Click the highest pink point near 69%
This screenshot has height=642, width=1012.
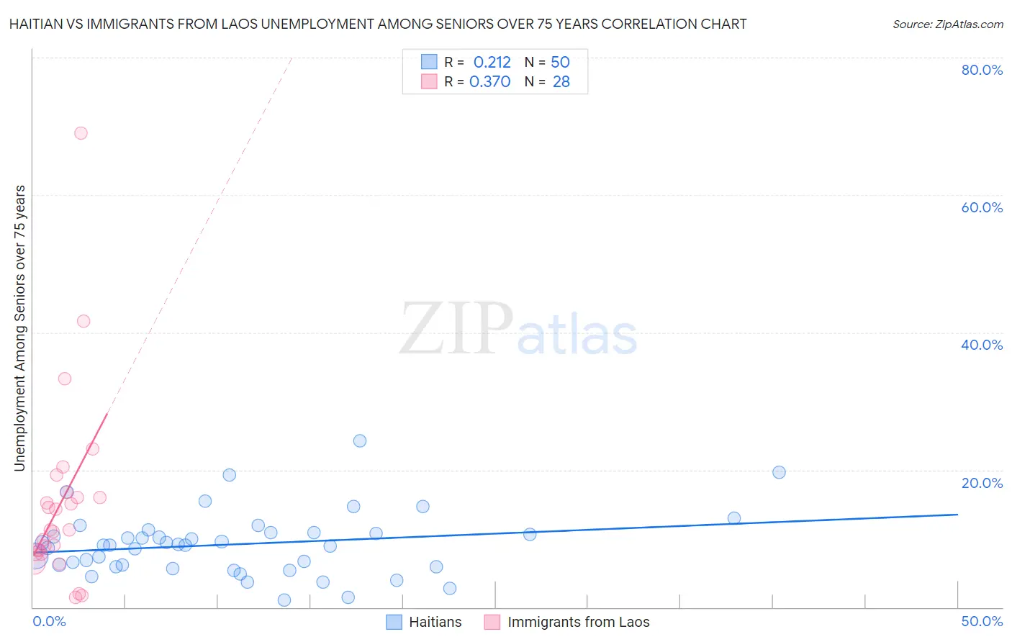pos(81,133)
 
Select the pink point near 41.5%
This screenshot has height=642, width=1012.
pos(83,321)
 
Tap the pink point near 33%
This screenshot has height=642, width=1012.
pos(65,379)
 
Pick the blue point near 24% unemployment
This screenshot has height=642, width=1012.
pos(360,440)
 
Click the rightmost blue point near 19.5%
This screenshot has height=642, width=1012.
pos(779,472)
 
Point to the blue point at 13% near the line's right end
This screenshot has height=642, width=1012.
pos(734,518)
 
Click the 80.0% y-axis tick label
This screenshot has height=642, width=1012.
pos(982,70)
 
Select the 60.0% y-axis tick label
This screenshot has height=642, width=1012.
pos(982,207)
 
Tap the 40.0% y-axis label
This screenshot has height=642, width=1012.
pos(982,345)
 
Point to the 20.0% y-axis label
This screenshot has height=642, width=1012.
pos(982,483)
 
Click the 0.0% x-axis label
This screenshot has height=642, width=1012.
pos(50,621)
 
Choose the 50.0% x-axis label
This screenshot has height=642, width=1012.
pos(982,621)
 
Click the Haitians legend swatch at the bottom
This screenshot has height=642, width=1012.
pos(394,622)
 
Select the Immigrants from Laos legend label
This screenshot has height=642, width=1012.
pos(578,622)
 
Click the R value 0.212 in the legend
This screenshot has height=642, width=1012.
pos(492,63)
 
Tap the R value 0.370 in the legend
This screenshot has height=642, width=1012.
pos(489,82)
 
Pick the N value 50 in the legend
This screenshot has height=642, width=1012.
pos(560,63)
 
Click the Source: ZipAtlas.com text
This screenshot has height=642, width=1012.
pos(947,24)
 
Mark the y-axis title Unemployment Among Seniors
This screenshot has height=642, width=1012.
pos(20,328)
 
